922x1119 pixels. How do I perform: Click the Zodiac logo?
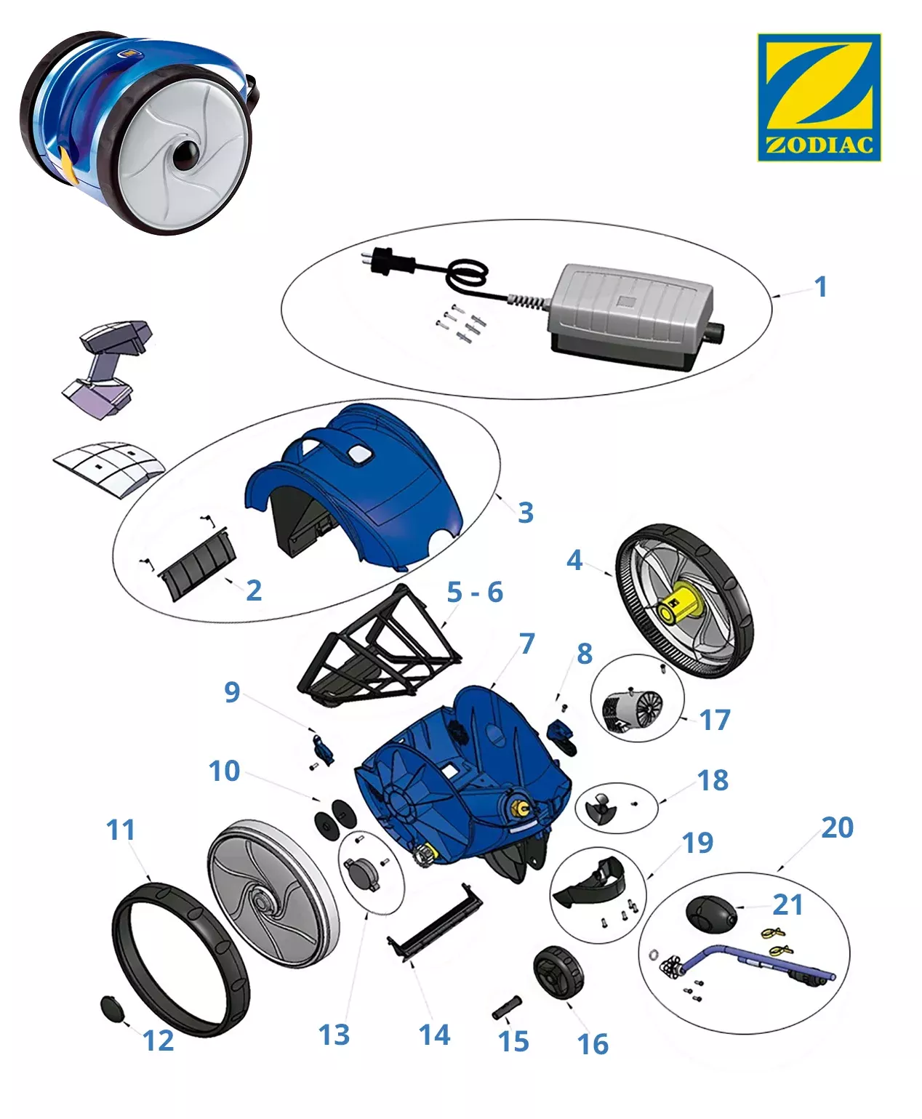click(819, 97)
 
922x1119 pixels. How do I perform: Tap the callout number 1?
click(820, 286)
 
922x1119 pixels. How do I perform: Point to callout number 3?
click(526, 512)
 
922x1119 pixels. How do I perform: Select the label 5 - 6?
click(474, 592)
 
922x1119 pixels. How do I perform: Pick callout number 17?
click(714, 720)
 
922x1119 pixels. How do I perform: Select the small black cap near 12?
click(111, 1008)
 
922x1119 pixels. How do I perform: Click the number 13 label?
click(334, 1035)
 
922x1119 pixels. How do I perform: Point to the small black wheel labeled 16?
click(558, 973)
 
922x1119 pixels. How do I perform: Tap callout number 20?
click(837, 827)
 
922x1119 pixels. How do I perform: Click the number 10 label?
click(224, 771)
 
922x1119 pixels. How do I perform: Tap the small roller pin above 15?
click(505, 1008)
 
